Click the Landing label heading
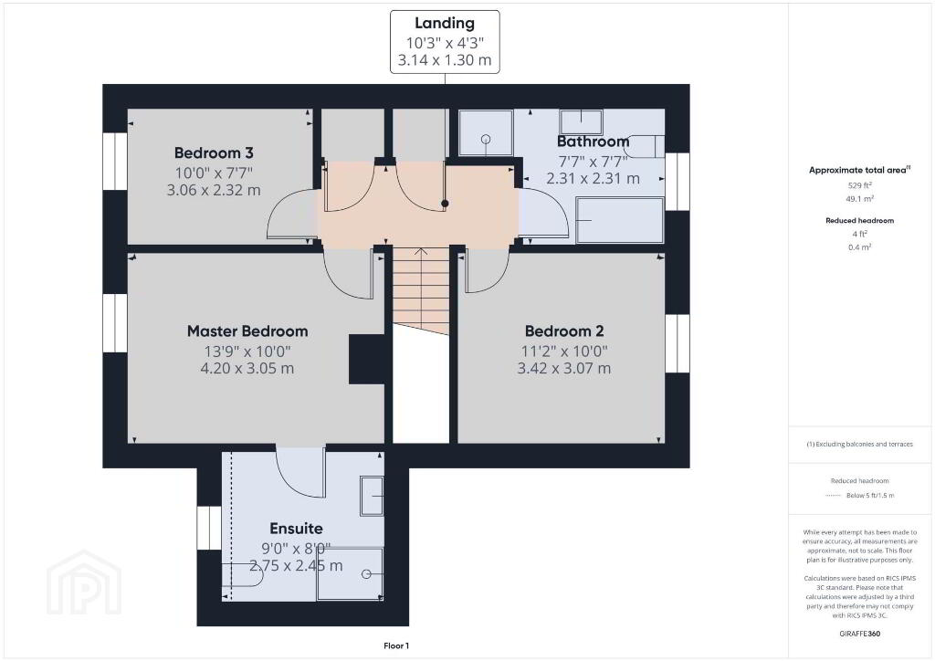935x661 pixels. pos(445,23)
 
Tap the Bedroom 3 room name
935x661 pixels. pos(214,152)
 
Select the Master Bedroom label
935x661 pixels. pos(247,330)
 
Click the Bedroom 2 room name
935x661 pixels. pos(564,330)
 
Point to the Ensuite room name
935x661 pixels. pos(297,529)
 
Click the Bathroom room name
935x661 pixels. pos(593,142)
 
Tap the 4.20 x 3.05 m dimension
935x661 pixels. pos(247,368)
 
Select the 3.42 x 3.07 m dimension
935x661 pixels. pos(564,368)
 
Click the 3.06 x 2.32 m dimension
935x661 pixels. pos(214,190)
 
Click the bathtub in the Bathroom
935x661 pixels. pos(620,220)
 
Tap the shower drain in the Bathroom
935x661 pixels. pos(486,140)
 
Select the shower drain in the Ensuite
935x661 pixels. pos(366,574)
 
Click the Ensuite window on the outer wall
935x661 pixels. pos(210,528)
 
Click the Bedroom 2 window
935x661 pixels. pos(678,344)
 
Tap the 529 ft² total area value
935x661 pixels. pos(860,185)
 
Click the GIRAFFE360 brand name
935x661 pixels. pos(860,634)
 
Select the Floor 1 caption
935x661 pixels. pos(396,645)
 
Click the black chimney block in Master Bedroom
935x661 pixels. pos(366,359)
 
